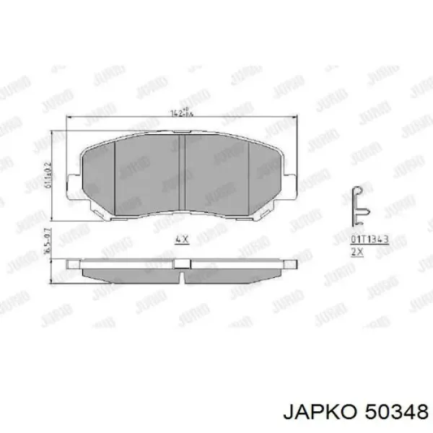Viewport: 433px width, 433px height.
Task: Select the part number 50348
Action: coord(390,411)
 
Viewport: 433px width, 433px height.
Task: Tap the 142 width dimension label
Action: coord(182,113)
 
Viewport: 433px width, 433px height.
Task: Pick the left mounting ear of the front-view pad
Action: coord(71,186)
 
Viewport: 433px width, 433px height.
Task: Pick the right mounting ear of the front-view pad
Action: coord(293,186)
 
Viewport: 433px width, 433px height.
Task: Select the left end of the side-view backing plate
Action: coord(72,263)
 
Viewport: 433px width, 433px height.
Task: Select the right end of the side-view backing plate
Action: coord(293,263)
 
